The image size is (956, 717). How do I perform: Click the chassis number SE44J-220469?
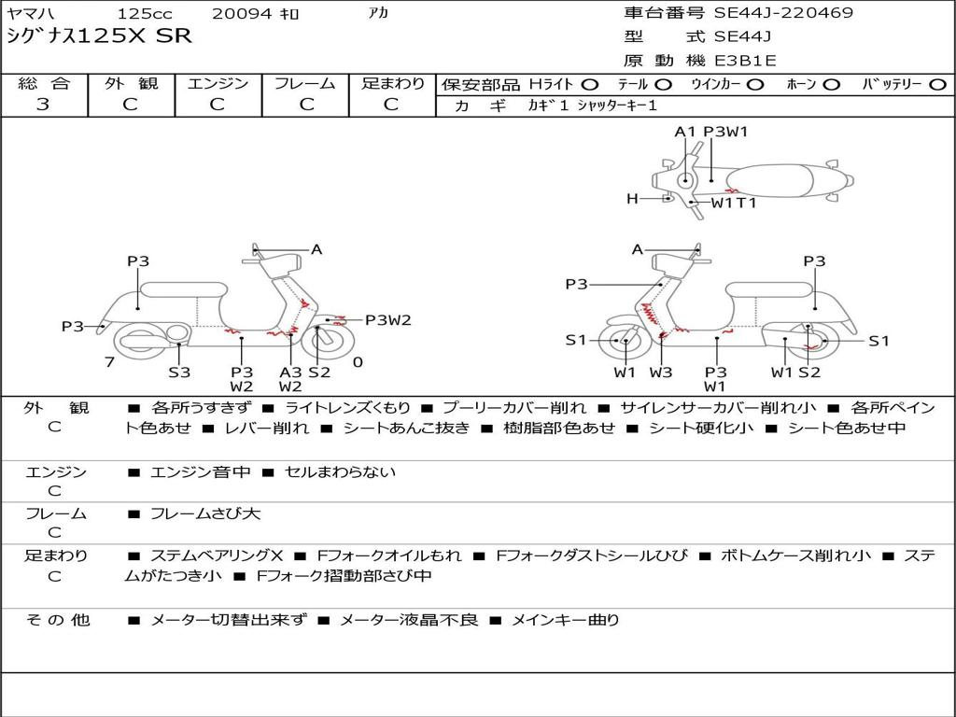(x=783, y=13)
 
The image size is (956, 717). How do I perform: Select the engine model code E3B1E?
(x=745, y=61)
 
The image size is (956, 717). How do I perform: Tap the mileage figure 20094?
(x=242, y=14)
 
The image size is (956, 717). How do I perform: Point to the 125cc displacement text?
(x=144, y=14)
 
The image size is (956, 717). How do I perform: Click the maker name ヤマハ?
(x=29, y=14)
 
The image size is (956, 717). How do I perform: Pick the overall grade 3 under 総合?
(x=43, y=105)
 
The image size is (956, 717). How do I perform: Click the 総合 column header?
(x=44, y=84)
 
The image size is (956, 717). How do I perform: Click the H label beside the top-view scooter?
(x=632, y=198)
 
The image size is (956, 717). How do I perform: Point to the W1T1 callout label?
(x=734, y=202)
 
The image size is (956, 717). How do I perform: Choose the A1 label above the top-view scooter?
(x=685, y=132)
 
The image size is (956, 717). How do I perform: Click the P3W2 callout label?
(x=387, y=320)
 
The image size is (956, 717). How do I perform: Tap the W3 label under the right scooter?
(x=661, y=372)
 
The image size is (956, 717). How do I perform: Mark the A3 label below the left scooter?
(x=290, y=372)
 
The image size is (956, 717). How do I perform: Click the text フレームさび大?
(x=205, y=513)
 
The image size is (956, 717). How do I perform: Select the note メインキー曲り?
(x=565, y=620)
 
